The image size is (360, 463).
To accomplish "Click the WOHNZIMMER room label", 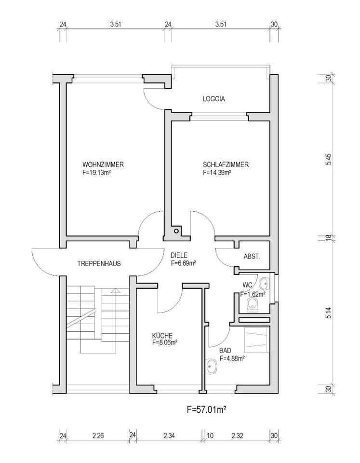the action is click(103, 164).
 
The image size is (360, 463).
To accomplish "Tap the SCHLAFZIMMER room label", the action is click(226, 164).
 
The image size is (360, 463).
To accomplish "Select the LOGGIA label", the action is click(213, 99).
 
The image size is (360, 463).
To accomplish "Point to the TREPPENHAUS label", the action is click(99, 264).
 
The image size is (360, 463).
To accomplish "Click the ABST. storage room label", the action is click(252, 257).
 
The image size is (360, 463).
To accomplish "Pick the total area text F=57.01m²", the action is click(207, 409).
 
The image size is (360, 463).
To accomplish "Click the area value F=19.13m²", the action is click(96, 173).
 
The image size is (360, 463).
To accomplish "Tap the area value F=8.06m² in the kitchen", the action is click(165, 342).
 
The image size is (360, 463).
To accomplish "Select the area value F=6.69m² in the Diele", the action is click(184, 263).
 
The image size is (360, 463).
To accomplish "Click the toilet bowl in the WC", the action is click(253, 304).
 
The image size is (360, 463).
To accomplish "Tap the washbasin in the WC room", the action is click(265, 284).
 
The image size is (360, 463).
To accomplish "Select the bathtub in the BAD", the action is click(257, 339).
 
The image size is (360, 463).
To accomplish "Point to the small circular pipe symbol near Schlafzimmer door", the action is click(176, 231).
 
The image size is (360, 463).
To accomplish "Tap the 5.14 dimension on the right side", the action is click(329, 313).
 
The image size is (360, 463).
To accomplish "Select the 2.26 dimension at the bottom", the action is click(98, 436).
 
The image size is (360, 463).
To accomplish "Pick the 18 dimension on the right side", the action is click(329, 238).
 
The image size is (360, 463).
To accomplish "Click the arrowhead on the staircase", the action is click(116, 290).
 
